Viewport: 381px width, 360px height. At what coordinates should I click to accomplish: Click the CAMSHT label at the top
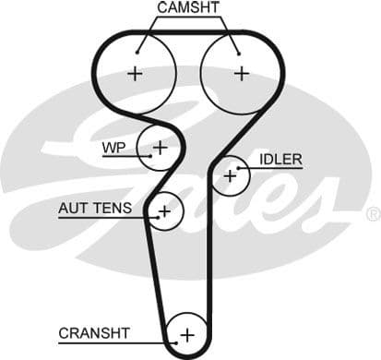coord(189,8)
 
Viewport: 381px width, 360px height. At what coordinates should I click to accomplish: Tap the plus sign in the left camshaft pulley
coord(137,73)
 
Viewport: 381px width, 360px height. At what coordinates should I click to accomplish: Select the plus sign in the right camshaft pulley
coord(242,73)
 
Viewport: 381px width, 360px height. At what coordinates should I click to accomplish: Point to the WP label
coord(115,147)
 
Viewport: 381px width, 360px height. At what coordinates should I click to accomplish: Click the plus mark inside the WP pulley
coord(160,146)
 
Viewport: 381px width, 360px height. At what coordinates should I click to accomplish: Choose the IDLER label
coord(280,160)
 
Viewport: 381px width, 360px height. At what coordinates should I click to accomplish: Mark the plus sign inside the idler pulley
coord(230,174)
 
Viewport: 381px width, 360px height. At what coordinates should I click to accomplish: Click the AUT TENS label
coord(95,209)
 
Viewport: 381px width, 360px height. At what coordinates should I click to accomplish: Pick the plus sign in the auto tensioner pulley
coord(164,211)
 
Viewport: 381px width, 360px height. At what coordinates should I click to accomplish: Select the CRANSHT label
coord(94,332)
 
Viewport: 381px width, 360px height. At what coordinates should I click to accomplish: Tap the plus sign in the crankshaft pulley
coord(188,334)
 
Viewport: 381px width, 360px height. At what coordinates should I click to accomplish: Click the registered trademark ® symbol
coord(373,214)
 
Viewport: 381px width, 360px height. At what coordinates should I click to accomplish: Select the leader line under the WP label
coord(120,156)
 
